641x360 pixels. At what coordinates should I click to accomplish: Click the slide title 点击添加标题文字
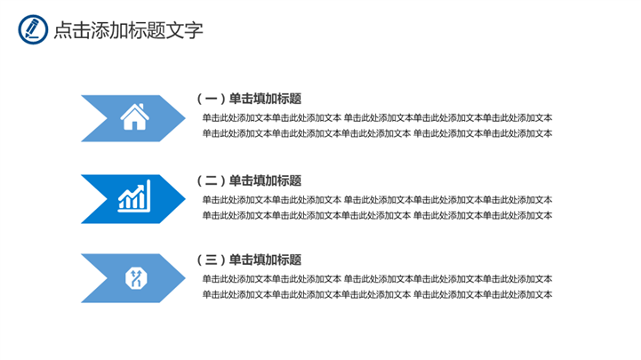(x=128, y=29)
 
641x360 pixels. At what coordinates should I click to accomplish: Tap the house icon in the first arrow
(x=134, y=117)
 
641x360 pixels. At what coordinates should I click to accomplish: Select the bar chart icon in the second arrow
(x=135, y=197)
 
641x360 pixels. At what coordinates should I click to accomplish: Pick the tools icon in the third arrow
(x=135, y=277)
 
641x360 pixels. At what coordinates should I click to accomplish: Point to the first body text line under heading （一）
(x=376, y=117)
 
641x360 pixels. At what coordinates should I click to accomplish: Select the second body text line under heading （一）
(x=376, y=133)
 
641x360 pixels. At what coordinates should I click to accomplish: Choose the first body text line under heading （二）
(x=376, y=198)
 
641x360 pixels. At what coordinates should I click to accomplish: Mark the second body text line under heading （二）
(x=376, y=214)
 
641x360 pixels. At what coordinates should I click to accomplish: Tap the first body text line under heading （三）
(x=376, y=278)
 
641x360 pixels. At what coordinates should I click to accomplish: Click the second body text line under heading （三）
(x=376, y=294)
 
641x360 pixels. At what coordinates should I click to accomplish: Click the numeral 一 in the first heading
(x=210, y=99)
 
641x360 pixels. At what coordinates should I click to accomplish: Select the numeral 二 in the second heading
(x=210, y=180)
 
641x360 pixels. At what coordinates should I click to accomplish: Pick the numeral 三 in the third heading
(x=210, y=260)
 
